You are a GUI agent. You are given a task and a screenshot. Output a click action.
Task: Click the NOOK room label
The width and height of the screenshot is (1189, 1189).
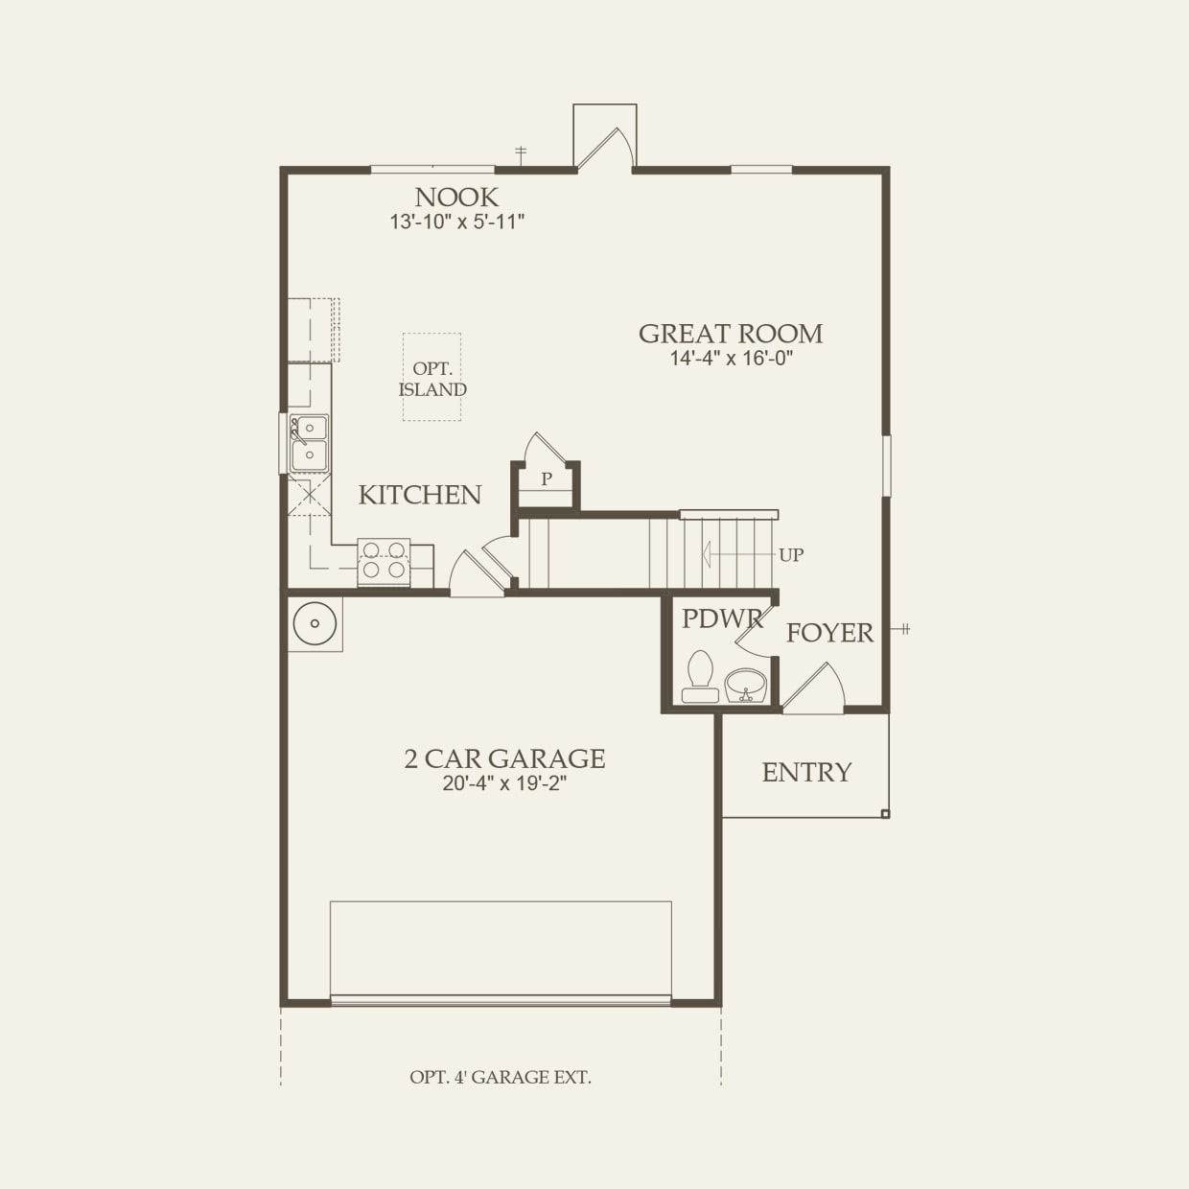[x=456, y=198]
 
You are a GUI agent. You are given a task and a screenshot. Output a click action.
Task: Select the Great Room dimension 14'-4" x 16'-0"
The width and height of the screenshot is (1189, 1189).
[x=731, y=359]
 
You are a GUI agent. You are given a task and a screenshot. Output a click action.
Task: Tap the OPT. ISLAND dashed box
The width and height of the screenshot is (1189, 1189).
[x=431, y=378]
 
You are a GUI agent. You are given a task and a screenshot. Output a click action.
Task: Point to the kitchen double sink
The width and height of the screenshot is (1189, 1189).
[x=309, y=443]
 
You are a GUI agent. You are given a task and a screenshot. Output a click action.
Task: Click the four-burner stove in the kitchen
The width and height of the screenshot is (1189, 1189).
[x=384, y=560]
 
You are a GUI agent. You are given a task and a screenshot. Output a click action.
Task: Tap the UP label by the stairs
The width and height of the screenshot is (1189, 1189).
[x=791, y=555]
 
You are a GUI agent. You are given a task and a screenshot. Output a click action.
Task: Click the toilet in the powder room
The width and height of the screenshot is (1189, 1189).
[x=700, y=677]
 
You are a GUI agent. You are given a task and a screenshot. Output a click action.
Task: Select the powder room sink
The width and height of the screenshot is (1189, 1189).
[x=745, y=686]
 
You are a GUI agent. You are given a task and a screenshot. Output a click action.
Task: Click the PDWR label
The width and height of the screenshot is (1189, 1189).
[x=721, y=619]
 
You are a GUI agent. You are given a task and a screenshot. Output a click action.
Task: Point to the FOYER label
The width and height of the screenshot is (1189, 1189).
[x=829, y=633]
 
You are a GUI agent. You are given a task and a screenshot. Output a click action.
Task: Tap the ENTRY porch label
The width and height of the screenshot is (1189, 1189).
[x=805, y=773]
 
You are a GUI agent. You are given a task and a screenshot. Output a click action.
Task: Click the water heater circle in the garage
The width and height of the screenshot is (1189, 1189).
[x=315, y=624]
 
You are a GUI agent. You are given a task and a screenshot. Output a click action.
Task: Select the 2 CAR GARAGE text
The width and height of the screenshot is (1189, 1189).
[x=504, y=758]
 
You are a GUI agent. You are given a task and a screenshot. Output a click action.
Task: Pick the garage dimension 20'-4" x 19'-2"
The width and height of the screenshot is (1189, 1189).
[x=504, y=783]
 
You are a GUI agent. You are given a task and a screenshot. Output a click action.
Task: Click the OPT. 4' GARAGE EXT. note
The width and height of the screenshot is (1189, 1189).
[x=501, y=1077]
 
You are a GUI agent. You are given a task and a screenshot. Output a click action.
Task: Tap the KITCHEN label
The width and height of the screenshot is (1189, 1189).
[x=420, y=495]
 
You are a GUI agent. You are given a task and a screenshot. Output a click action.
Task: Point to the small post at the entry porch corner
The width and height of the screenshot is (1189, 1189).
[x=885, y=814]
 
